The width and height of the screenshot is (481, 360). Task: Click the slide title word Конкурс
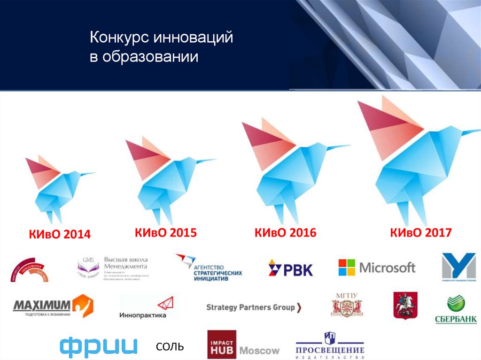118,38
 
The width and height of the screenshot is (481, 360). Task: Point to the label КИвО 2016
286,232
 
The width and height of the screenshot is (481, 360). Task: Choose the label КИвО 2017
420,232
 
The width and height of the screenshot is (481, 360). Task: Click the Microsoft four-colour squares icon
347,268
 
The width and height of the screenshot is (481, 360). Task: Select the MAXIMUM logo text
42,306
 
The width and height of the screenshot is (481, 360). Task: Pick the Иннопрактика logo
144,307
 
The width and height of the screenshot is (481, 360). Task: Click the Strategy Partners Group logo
254,307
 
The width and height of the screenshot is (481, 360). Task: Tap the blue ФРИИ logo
99,346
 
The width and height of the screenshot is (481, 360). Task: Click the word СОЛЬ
170,347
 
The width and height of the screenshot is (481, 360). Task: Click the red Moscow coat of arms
405,306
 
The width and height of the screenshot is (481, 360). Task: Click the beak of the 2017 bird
470,132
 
